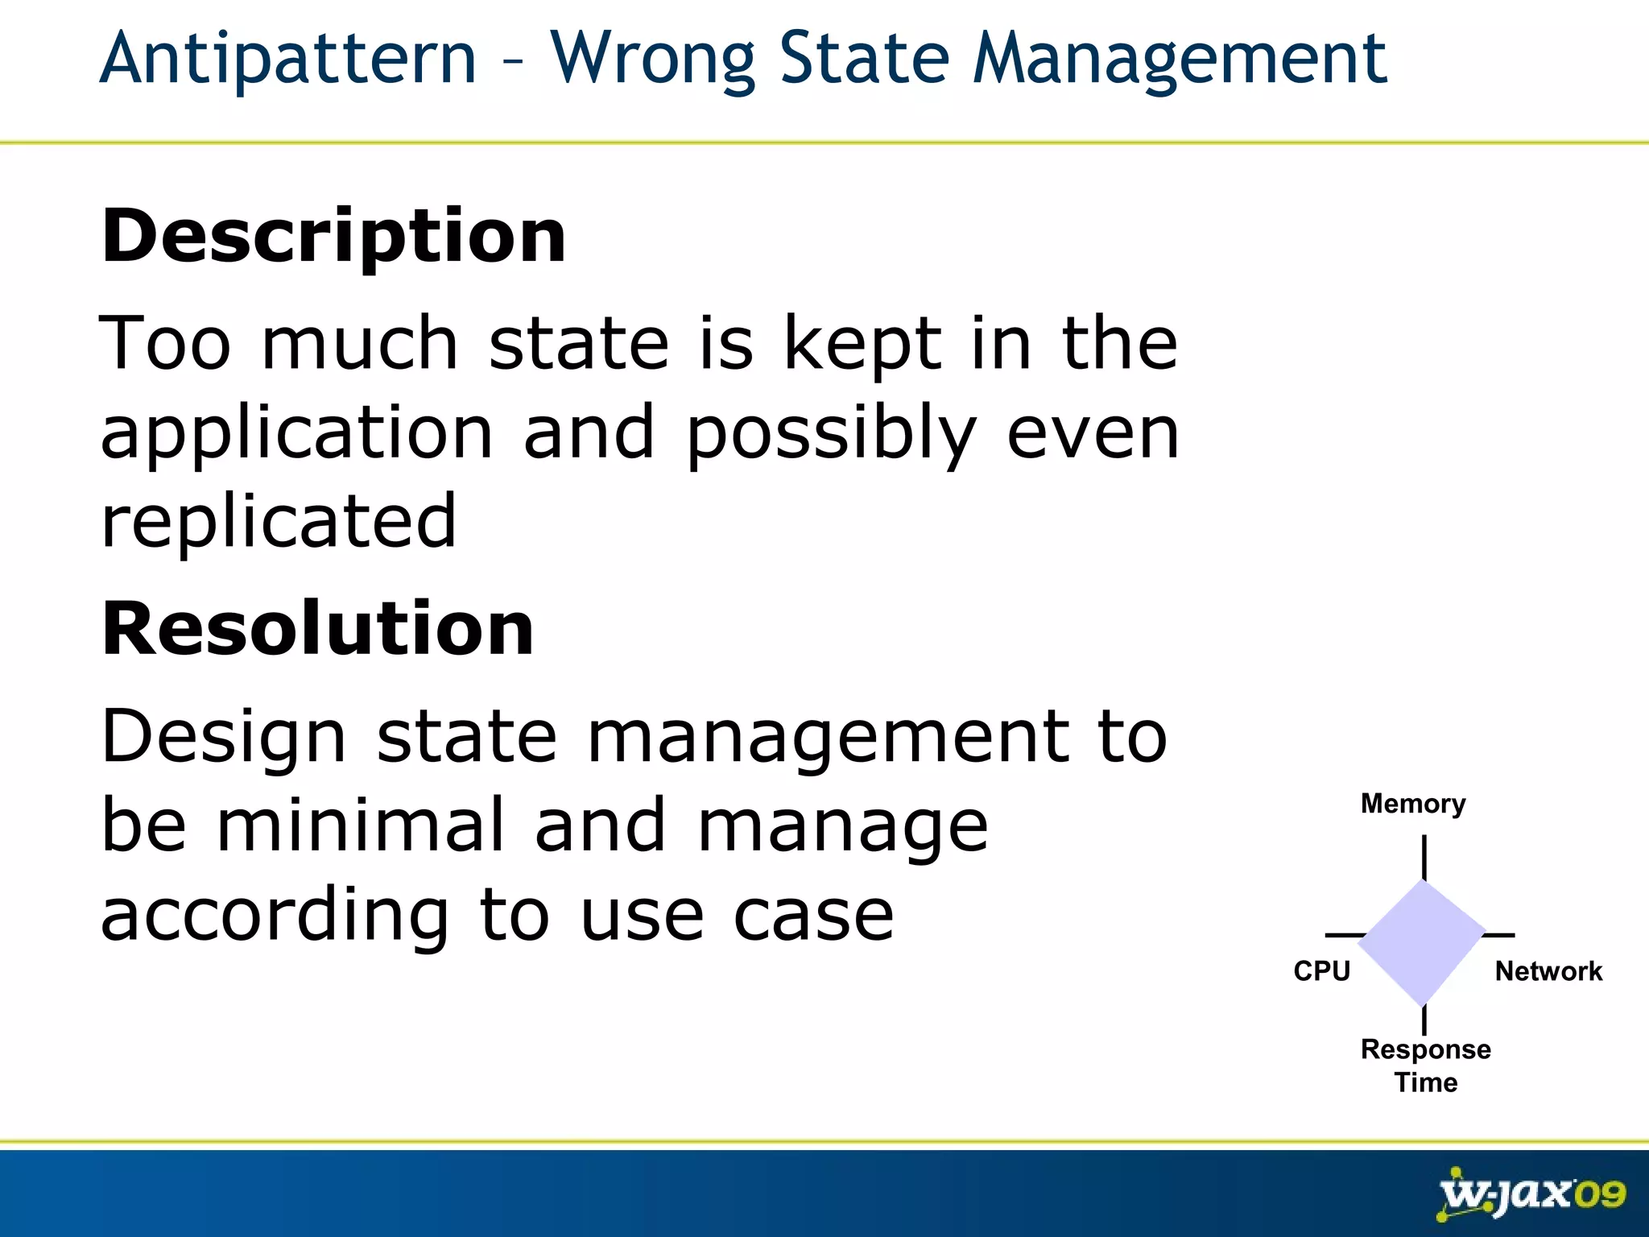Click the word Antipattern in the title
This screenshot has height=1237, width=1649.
(x=288, y=60)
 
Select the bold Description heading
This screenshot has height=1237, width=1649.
(x=333, y=236)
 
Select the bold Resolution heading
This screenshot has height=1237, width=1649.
(x=317, y=629)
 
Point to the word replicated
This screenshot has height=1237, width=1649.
(x=279, y=522)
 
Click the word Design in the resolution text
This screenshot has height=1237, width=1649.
(x=224, y=738)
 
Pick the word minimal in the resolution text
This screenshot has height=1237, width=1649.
(x=360, y=825)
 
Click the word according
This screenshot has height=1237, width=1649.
(x=275, y=916)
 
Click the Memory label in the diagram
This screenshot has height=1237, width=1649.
(x=1413, y=804)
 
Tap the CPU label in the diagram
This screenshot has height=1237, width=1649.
(x=1321, y=971)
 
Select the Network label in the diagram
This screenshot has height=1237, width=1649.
(x=1548, y=971)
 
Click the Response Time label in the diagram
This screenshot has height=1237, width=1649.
(x=1425, y=1065)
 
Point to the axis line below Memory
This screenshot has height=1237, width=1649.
(x=1424, y=858)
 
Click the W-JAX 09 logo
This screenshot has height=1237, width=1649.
(x=1531, y=1194)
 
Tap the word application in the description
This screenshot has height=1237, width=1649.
(x=296, y=436)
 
